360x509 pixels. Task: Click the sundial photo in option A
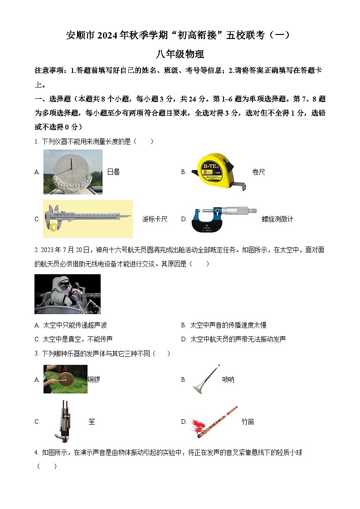73,172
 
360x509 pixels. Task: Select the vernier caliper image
88,218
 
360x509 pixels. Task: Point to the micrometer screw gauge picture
224,219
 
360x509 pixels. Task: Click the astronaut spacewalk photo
67,294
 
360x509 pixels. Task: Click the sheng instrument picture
64,421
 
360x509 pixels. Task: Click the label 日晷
113,172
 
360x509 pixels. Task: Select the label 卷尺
258,172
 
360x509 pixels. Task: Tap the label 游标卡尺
155,219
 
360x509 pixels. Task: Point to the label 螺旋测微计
277,219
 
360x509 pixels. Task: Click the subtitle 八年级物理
180,54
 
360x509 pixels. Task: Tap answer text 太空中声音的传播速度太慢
228,325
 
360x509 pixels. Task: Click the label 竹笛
248,422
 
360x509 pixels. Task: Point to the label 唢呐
228,379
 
